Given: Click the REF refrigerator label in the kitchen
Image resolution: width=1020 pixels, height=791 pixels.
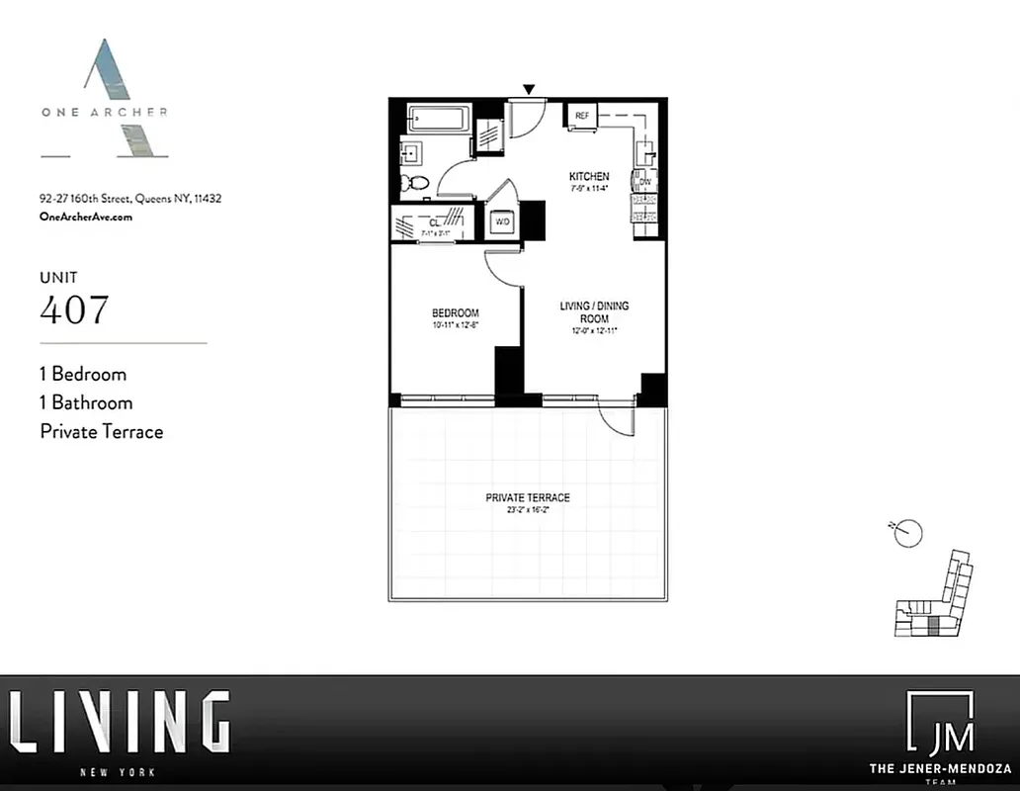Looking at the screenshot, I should pos(582,116).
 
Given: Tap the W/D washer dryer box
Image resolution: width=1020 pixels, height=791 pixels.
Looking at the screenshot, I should pos(502,221).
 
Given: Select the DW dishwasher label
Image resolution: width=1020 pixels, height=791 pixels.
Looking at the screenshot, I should pos(644,182).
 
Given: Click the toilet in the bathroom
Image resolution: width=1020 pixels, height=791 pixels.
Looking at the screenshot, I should pos(416,183).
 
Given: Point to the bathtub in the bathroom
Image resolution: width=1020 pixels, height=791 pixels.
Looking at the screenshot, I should pos(439,119).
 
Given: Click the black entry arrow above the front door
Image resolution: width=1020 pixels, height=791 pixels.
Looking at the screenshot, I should pos(529,90).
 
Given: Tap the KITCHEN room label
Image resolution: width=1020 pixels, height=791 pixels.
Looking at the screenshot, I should pos(588,176).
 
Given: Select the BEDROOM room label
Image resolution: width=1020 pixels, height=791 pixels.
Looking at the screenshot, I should pos(455,313).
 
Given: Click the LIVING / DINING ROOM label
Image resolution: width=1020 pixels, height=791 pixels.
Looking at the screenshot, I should pos(594,312).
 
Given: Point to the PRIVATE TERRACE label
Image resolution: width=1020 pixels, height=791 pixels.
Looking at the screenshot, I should pos(528,497).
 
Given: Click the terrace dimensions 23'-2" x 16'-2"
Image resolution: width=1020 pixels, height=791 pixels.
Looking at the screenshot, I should pos(528,511).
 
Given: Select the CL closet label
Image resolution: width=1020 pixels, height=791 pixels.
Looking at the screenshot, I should pos(433,223).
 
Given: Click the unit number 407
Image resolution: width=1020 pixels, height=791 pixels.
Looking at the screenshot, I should pos(74,309).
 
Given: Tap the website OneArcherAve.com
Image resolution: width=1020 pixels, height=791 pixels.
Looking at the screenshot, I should pos(85,217).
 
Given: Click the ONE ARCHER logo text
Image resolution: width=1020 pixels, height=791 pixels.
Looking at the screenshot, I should pos(104,112).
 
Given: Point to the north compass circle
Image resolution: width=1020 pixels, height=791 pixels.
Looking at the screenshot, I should pos(907,534).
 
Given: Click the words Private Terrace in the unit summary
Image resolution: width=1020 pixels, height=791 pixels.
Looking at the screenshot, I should pos(101,431).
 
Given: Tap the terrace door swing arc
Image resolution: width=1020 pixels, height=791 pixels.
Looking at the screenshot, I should pos(618,420).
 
